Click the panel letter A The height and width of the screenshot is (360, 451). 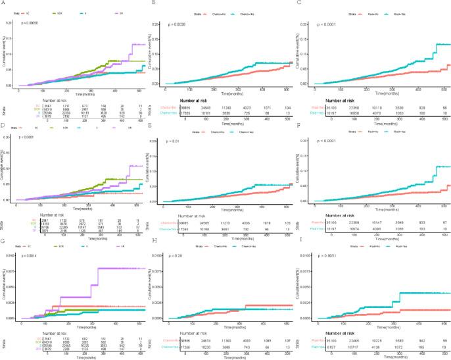coord(4,3)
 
